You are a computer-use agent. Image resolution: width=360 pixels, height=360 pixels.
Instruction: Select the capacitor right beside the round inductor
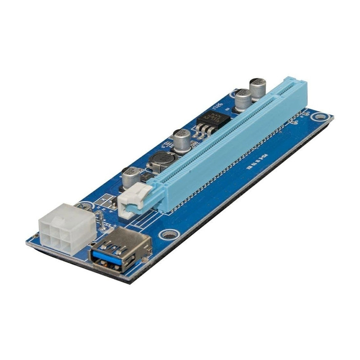(182, 140)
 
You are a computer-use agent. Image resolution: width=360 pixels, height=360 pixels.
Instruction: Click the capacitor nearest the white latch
(131, 177)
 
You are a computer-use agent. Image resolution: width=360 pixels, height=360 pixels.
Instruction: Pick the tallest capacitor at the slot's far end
(257, 89)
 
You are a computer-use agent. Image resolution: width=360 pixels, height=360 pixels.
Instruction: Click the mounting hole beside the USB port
(169, 234)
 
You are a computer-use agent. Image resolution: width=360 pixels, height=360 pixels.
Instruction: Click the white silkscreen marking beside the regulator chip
(219, 106)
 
